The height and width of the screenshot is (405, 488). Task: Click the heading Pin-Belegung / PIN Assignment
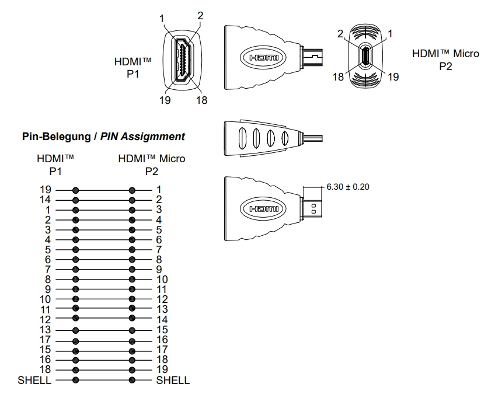coord(103,136)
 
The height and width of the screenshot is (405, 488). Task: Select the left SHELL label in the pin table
coord(34,380)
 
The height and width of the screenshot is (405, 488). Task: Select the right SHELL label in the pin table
coord(173,380)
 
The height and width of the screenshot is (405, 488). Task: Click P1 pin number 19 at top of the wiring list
coord(45,190)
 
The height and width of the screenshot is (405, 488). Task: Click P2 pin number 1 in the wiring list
coord(158,190)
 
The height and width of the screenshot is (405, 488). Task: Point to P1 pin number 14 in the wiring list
coord(45,200)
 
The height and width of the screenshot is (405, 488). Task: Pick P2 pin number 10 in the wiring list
coord(162,280)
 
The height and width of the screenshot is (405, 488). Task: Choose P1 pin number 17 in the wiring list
coord(45,340)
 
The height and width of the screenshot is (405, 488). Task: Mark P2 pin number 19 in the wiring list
coord(162,369)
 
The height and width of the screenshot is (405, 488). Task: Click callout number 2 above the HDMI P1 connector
coord(200,16)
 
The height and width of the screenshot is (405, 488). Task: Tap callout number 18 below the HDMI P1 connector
coord(201,100)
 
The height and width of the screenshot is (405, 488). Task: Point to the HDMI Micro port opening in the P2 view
coord(365,57)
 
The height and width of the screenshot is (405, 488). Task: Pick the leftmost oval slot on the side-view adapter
coord(241,139)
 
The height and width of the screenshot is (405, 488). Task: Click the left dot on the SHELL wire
coord(75,380)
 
